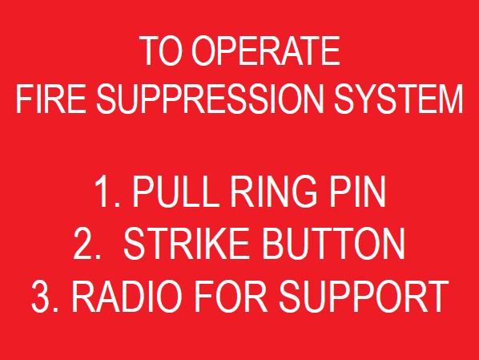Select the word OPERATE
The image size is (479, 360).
pyautogui.click(x=266, y=52)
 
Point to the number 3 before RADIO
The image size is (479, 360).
pyautogui.click(x=42, y=297)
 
